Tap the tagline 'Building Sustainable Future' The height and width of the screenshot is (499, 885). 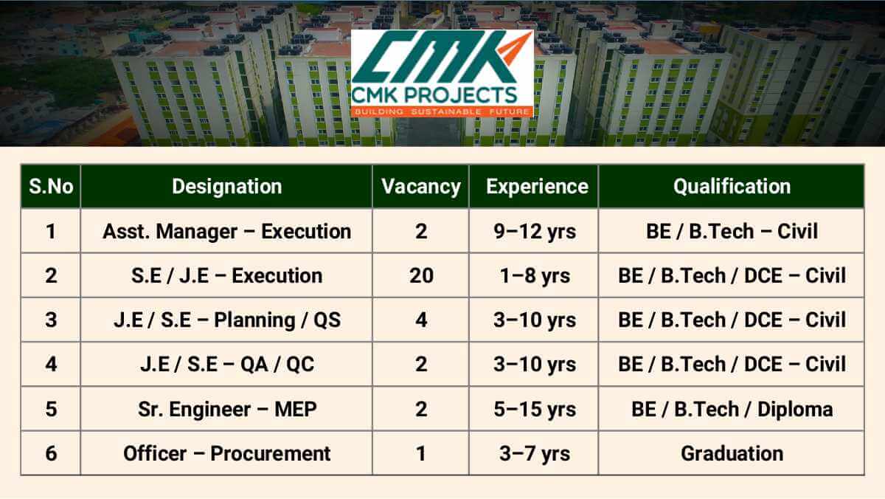pyautogui.click(x=441, y=111)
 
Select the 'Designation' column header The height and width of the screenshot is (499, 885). pyautogui.click(x=226, y=187)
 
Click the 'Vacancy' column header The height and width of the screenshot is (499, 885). pyautogui.click(x=420, y=187)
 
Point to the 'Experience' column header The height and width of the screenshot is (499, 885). pyautogui.click(x=537, y=187)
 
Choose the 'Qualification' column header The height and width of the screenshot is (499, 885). pyautogui.click(x=731, y=187)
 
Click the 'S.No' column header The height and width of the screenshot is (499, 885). pyautogui.click(x=51, y=187)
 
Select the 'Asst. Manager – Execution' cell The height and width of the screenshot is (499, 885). pyautogui.click(x=226, y=231)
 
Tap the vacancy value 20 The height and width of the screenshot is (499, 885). pyautogui.click(x=420, y=275)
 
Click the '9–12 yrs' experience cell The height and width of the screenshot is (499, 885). pyautogui.click(x=535, y=231)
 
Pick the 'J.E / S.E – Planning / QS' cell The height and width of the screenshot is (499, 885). pyautogui.click(x=226, y=320)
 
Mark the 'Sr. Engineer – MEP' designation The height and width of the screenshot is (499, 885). pyautogui.click(x=226, y=408)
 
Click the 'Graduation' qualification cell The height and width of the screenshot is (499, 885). pyautogui.click(x=731, y=452)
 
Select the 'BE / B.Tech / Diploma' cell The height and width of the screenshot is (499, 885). pyautogui.click(x=731, y=408)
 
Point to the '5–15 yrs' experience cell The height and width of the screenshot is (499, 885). pyautogui.click(x=535, y=408)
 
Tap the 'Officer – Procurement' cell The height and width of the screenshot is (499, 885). pyautogui.click(x=226, y=452)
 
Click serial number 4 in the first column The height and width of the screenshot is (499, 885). pyautogui.click(x=51, y=364)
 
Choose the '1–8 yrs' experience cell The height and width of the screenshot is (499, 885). pyautogui.click(x=535, y=275)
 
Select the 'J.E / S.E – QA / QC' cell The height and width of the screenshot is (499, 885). pyautogui.click(x=226, y=364)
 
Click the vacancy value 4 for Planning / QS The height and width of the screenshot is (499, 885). pyautogui.click(x=420, y=320)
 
